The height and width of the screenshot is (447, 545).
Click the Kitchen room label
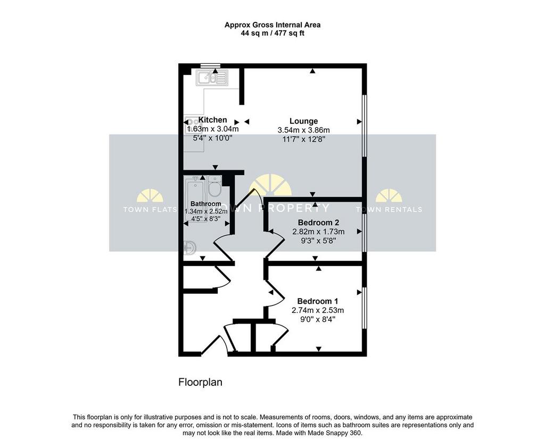212,120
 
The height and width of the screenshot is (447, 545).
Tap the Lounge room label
303,121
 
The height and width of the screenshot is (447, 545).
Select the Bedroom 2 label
318,222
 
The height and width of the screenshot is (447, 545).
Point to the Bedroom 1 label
317,301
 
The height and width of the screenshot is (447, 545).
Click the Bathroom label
206,204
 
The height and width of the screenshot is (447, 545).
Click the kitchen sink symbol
211,78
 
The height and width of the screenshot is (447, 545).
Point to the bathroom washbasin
189,248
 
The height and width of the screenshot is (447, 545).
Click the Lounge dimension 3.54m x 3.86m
303,130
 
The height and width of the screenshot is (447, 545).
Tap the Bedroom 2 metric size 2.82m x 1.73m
318,231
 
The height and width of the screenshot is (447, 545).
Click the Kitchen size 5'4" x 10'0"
212,138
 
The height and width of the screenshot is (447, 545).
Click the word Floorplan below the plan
200,383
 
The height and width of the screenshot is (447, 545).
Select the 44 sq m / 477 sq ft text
272,34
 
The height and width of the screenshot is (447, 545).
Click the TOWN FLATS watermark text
150,210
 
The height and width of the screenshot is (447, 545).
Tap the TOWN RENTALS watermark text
389,209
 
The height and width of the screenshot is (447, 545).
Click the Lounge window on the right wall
365,126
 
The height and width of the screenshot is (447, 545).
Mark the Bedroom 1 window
365,308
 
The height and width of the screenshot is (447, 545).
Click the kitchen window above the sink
211,65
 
